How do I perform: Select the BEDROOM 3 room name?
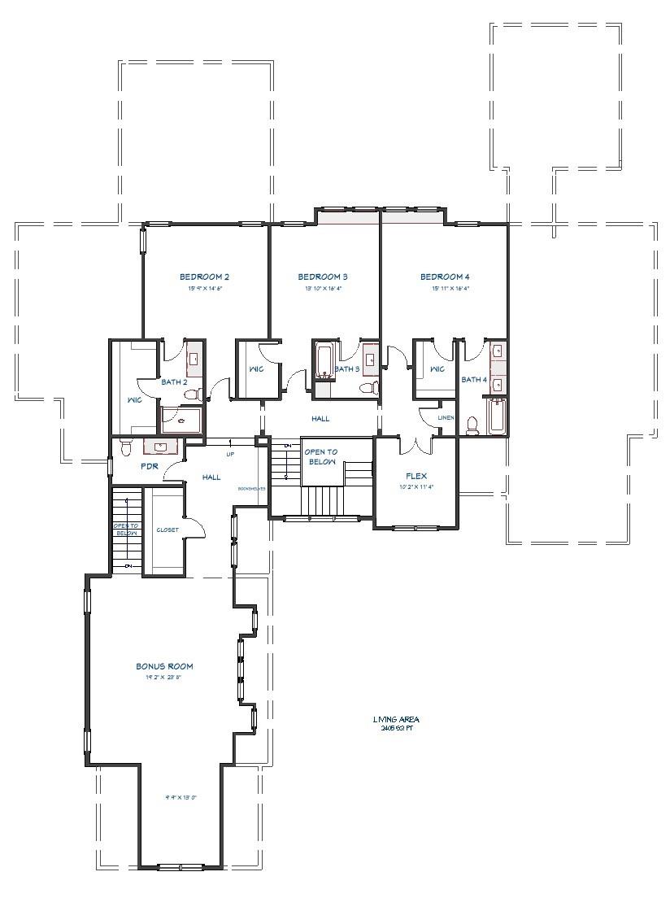tap(323, 277)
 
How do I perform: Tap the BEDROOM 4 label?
tap(445, 277)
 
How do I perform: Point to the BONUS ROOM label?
tap(164, 666)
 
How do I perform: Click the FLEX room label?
tap(416, 476)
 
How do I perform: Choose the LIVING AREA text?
tap(396, 719)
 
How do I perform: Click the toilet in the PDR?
tap(125, 447)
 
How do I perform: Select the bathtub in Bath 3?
tap(323, 362)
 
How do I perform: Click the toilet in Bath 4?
tap(472, 423)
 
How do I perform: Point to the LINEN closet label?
tap(446, 418)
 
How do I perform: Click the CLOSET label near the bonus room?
tap(167, 530)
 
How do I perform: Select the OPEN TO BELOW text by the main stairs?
tap(320, 456)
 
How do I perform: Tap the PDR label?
tap(149, 467)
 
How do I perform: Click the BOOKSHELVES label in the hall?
tap(250, 490)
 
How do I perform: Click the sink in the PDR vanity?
tap(160, 447)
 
